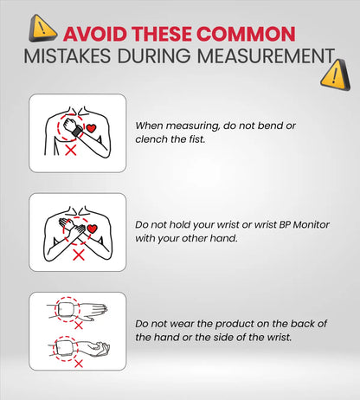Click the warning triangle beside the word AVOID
[x=42, y=29]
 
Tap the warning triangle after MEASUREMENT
[x=336, y=75]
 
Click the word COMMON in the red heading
[x=246, y=34]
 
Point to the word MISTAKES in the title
[x=67, y=55]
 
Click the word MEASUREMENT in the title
[x=266, y=55]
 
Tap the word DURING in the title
[x=154, y=55]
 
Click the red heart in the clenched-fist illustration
[x=91, y=128]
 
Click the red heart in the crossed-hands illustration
[x=92, y=229]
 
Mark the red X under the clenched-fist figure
[x=70, y=151]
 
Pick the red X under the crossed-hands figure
[x=79, y=255]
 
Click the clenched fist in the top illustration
[x=69, y=124]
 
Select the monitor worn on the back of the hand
[x=67, y=309]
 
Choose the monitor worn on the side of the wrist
[x=66, y=348]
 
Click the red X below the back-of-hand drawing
[x=79, y=326]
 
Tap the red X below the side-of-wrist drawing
[x=79, y=364]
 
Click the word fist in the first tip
[x=197, y=139]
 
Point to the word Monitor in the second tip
[x=311, y=224]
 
